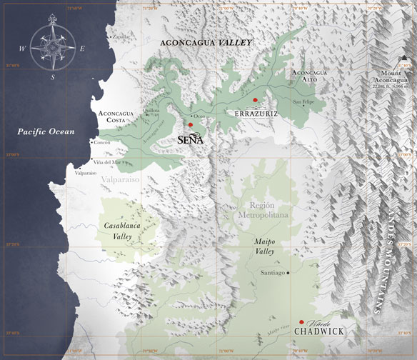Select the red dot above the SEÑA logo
(191, 124)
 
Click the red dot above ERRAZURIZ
(255, 100)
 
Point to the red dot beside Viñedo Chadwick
(302, 323)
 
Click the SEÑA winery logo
(191, 139)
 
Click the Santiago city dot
(288, 273)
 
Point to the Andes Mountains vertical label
(386, 264)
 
